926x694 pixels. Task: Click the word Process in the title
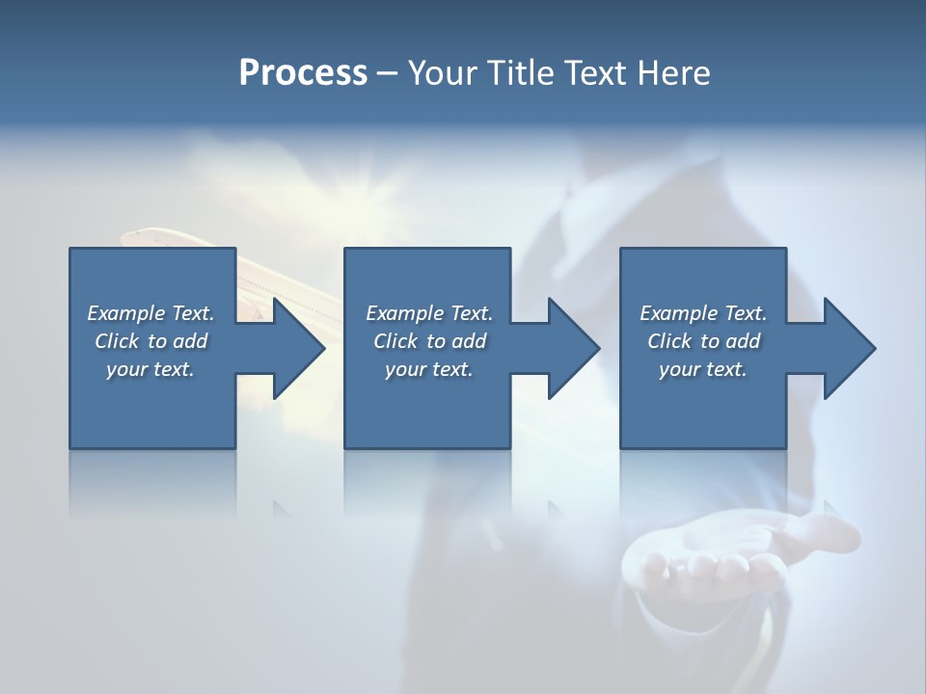303,73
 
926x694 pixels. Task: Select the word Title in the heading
525,73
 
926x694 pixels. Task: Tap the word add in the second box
469,341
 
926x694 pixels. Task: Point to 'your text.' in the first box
150,369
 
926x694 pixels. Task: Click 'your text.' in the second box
429,369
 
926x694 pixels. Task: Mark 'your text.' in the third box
703,369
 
